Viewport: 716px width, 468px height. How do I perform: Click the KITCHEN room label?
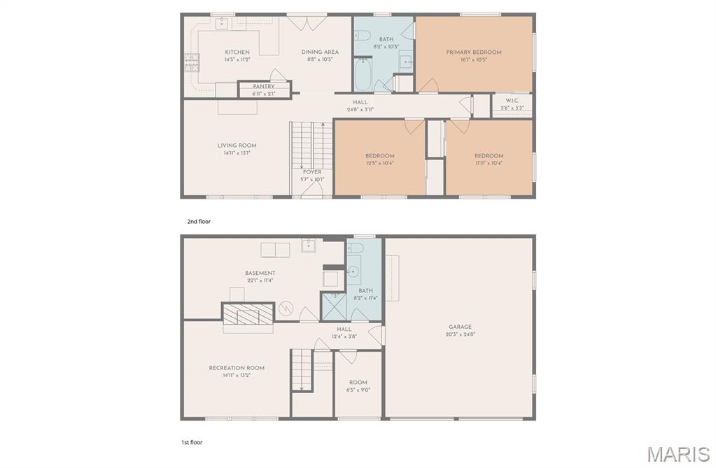click(x=237, y=52)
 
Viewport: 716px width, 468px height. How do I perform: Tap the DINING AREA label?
click(x=320, y=52)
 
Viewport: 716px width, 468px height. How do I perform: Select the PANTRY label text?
click(x=263, y=87)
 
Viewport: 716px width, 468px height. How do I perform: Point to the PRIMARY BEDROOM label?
click(x=474, y=52)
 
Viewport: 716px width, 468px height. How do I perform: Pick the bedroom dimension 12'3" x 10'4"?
click(x=379, y=163)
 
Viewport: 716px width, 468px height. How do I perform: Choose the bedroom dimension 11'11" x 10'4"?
click(x=489, y=163)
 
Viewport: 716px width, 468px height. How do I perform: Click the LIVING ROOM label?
click(x=237, y=146)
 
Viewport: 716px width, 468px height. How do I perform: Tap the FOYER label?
click(x=312, y=171)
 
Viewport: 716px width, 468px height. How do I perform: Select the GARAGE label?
click(x=460, y=327)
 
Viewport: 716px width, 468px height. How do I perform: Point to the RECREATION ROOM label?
click(x=237, y=368)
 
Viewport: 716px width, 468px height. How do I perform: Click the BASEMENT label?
click(x=260, y=273)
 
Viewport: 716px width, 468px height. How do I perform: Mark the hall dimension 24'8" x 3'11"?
click(x=360, y=109)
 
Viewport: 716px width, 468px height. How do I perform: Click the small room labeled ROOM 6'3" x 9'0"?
click(x=358, y=386)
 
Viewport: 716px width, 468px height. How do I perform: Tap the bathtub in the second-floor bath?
click(x=363, y=76)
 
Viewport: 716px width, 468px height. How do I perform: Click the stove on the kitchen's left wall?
click(x=188, y=64)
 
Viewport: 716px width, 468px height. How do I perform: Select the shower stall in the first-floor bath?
click(x=333, y=306)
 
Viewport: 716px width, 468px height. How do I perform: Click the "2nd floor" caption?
click(x=198, y=222)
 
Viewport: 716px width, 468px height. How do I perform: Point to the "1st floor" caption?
click(x=192, y=442)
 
